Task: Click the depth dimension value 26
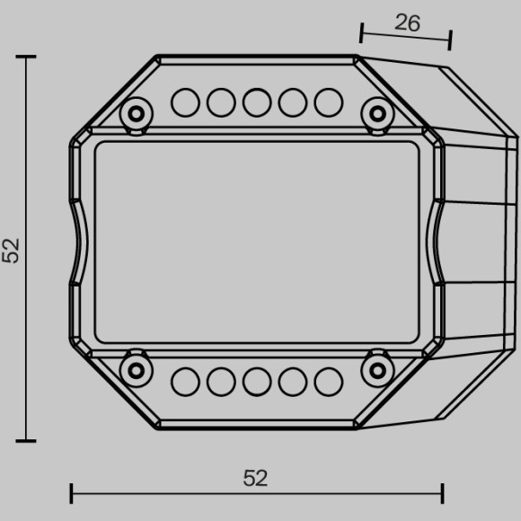point(407,23)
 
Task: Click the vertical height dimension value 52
point(11,251)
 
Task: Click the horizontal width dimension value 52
point(255,479)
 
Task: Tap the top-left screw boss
point(137,114)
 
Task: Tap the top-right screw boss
point(377,114)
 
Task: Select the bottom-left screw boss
point(137,370)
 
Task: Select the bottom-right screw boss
point(377,370)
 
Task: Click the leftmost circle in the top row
point(185,102)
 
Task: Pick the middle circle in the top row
point(257,102)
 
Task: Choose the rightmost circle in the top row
point(328,102)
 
